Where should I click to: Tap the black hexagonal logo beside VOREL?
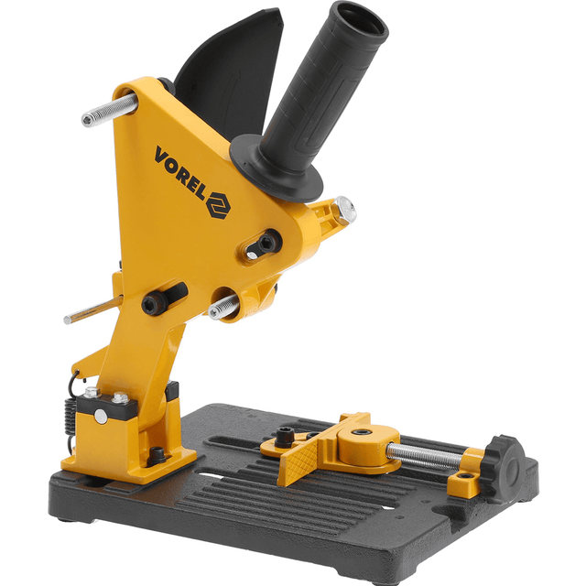(219, 205)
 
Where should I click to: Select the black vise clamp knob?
(502, 466)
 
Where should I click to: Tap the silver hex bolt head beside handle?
(343, 212)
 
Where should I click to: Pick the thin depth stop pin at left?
(92, 309)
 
